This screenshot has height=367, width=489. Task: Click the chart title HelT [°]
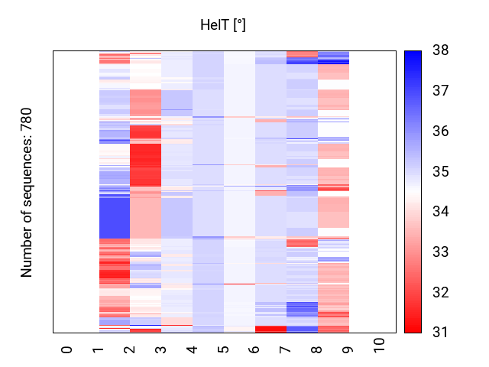(222, 25)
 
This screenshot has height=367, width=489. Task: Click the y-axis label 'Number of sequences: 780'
(28, 192)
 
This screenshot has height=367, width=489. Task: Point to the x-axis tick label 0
(67, 349)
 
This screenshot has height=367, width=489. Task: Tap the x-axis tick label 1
(99, 349)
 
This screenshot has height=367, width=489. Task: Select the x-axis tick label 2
(130, 349)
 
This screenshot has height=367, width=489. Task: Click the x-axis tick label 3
(161, 349)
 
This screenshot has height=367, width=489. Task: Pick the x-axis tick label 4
(193, 349)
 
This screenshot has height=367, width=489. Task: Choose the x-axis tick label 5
(224, 349)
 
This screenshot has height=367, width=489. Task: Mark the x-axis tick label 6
(255, 349)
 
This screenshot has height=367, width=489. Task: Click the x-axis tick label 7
(287, 349)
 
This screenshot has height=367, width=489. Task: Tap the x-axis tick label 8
(318, 349)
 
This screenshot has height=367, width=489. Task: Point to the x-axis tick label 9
(349, 349)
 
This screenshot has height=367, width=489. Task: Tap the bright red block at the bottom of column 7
(270, 329)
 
